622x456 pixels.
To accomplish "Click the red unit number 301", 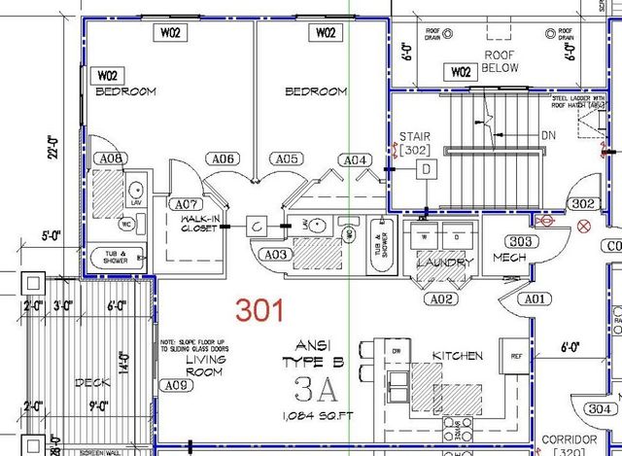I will (260, 311).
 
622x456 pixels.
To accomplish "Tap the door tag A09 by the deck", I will (175, 386).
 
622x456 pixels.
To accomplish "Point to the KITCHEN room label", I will (457, 357).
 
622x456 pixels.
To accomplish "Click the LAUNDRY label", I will (444, 263).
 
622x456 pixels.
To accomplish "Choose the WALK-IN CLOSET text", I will (196, 226).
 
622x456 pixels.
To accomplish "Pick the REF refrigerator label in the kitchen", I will (516, 356).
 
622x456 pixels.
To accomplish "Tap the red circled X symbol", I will (584, 227).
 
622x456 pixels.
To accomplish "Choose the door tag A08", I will (111, 158).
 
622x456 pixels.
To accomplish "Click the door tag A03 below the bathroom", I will (276, 254).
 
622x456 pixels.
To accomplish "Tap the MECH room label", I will (509, 259).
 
